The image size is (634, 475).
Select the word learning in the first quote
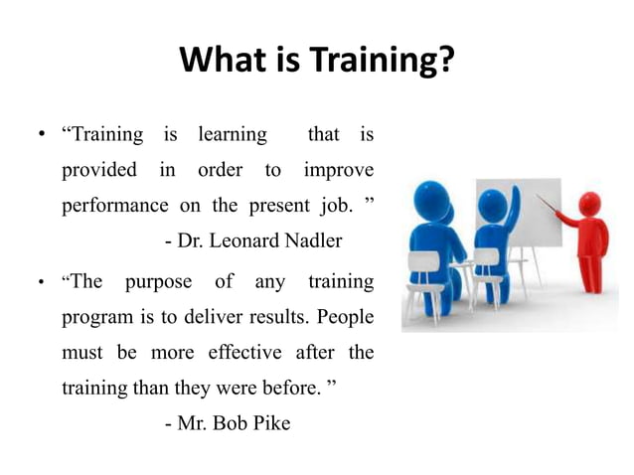coord(233,133)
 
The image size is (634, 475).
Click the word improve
coord(337,169)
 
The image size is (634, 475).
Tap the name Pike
coord(269,423)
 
